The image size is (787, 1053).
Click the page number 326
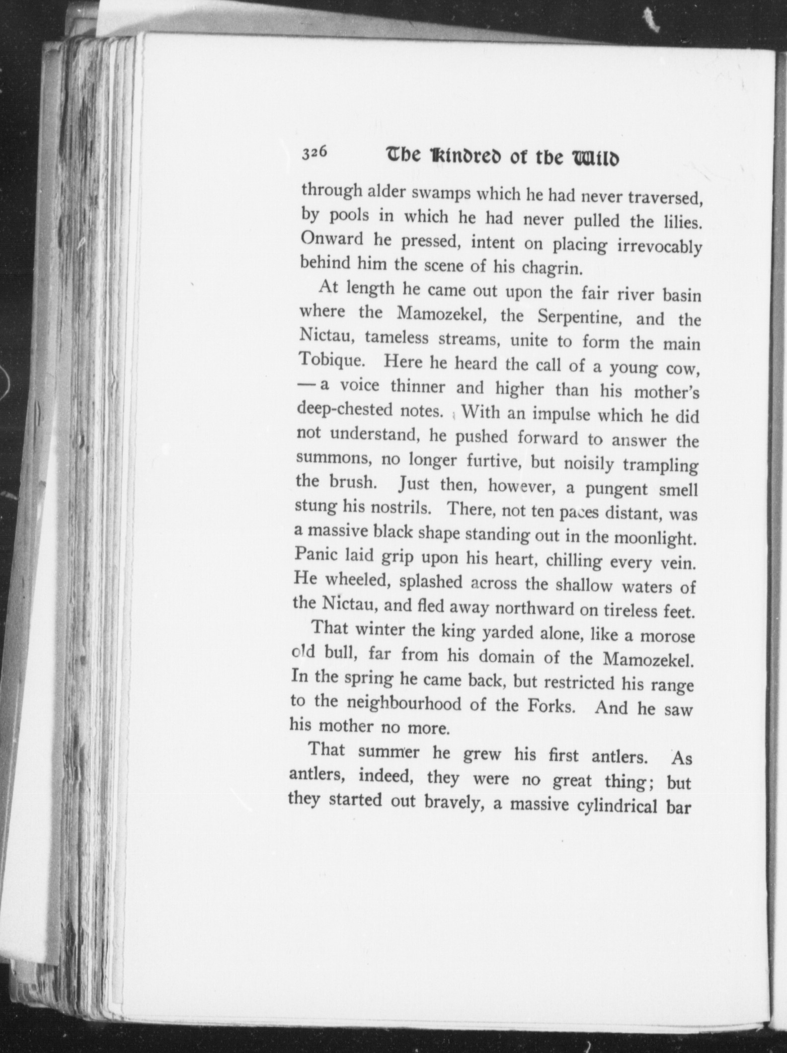[x=314, y=153]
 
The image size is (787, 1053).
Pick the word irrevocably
[x=659, y=247]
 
